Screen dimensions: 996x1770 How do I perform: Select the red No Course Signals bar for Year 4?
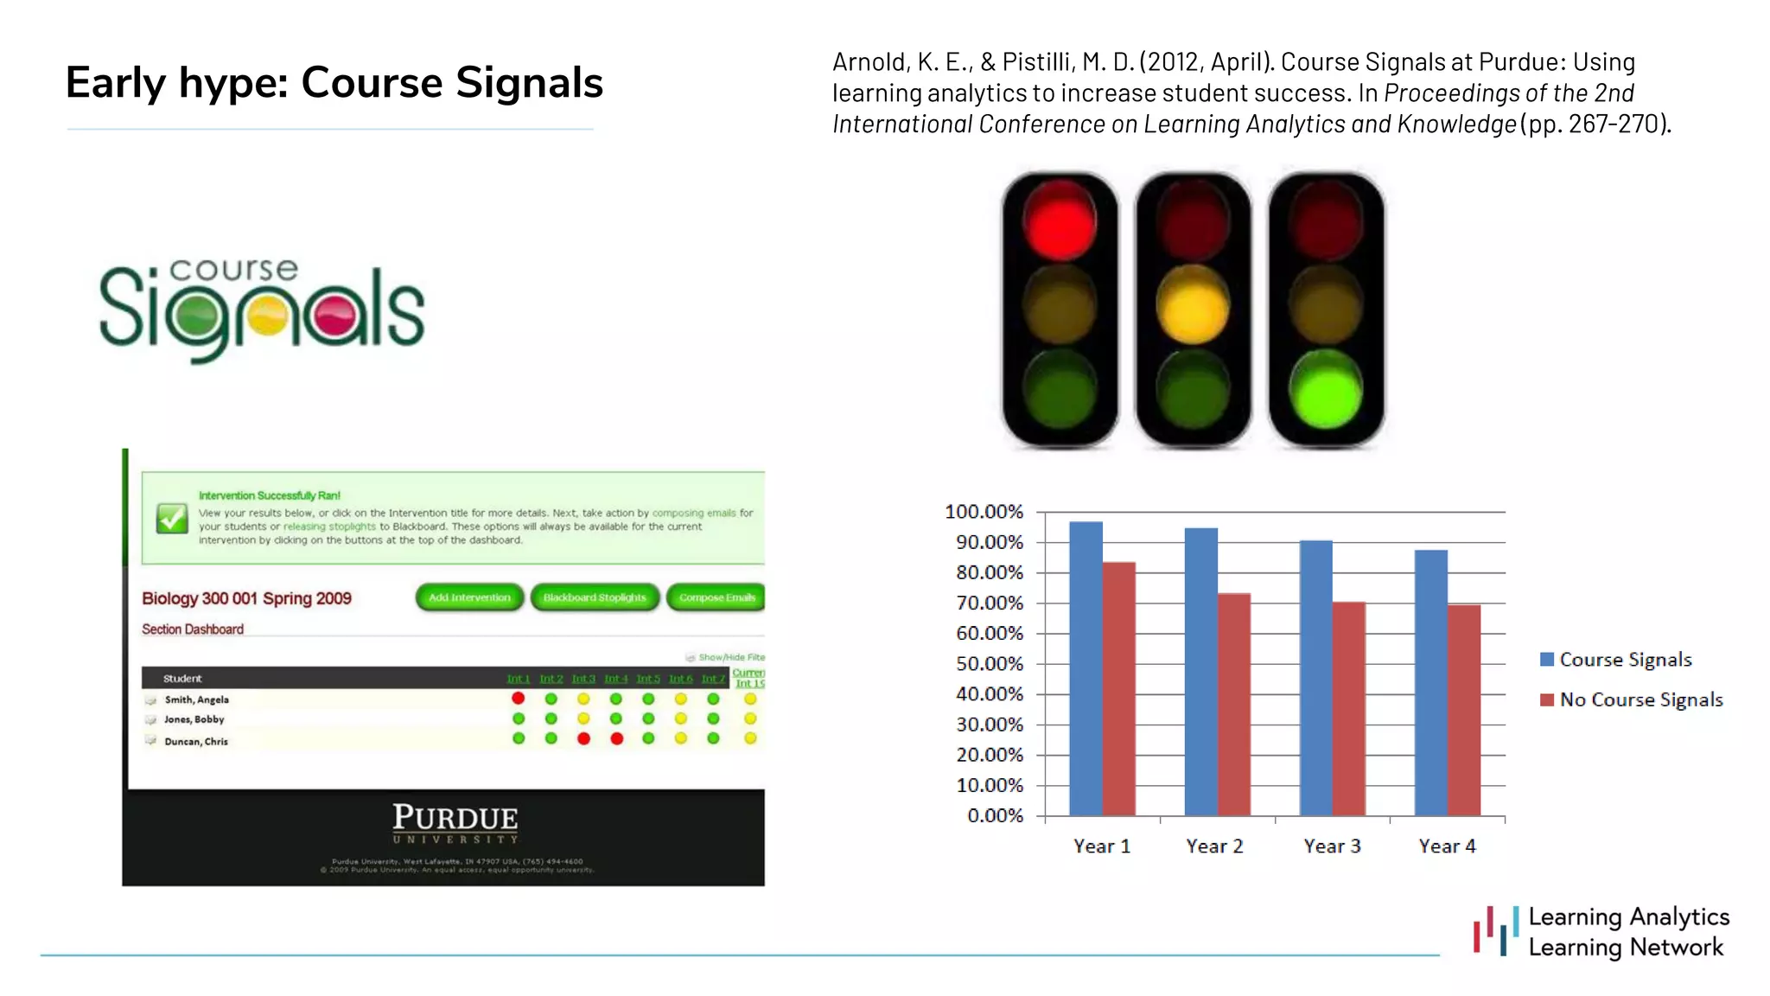tap(1464, 710)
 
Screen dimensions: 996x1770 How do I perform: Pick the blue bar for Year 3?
tap(1315, 678)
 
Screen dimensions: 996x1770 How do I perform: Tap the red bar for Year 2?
tap(1234, 704)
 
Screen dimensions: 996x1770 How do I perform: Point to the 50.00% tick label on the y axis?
tap(989, 664)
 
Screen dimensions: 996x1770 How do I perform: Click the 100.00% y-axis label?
tap(984, 512)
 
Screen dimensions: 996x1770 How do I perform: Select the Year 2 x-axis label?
tap(1214, 846)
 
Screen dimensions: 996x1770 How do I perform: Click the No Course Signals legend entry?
tap(1640, 699)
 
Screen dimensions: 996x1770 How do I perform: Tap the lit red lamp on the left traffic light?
tap(1060, 221)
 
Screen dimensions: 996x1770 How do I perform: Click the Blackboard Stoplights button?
tap(595, 597)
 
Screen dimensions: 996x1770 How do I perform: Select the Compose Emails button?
tap(716, 597)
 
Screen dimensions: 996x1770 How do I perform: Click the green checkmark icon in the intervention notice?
tap(172, 518)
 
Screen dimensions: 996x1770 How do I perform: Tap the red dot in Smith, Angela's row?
tap(519, 699)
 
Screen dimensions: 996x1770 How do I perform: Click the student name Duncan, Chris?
tap(196, 741)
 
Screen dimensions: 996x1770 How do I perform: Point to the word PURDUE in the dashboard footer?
tap(455, 817)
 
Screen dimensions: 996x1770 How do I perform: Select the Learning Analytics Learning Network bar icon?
tap(1496, 931)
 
